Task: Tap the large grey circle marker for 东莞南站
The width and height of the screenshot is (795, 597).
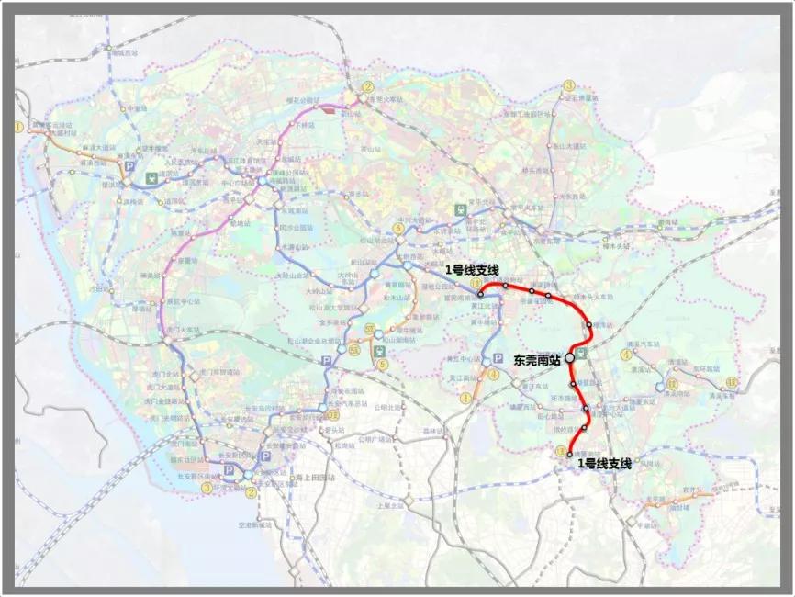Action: [x=570, y=356]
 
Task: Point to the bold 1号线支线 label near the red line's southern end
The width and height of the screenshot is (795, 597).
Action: [x=605, y=464]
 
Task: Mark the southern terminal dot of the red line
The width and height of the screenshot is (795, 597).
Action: [x=570, y=454]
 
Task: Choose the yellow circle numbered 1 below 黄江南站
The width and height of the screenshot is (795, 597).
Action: [x=466, y=398]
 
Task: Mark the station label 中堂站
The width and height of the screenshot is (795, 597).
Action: [x=138, y=107]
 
